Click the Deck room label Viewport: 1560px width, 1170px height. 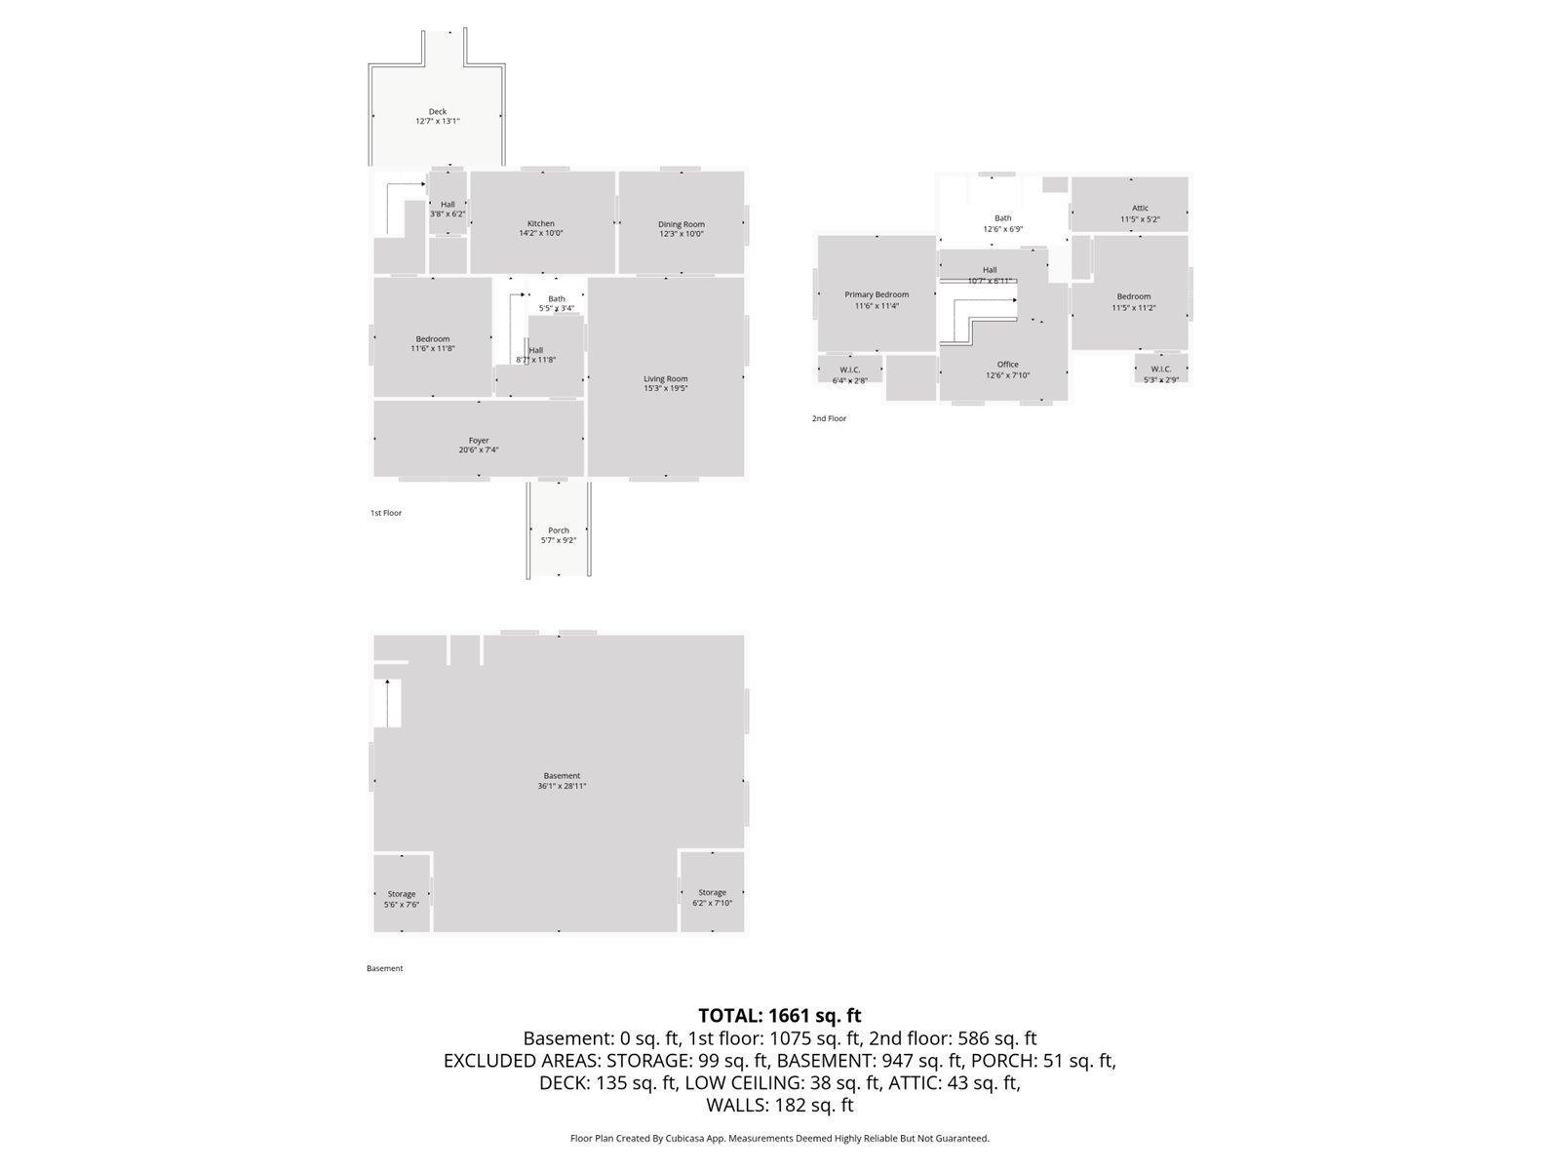pyautogui.click(x=438, y=111)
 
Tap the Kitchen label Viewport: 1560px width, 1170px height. pyautogui.click(x=541, y=223)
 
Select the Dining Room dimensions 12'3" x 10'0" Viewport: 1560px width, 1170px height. pyautogui.click(x=681, y=234)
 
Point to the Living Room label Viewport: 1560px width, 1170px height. pyautogui.click(x=666, y=378)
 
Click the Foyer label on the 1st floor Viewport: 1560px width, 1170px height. pyautogui.click(x=479, y=440)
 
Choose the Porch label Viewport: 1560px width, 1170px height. pyautogui.click(x=559, y=530)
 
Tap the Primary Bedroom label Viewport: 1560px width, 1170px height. pyautogui.click(x=877, y=294)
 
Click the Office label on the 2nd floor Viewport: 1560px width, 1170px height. pyautogui.click(x=1007, y=365)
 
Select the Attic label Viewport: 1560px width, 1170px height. pyautogui.click(x=1140, y=208)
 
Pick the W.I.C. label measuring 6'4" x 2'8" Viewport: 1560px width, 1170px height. pyautogui.click(x=849, y=370)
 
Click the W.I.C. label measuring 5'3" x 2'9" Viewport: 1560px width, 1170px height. pyautogui.click(x=1160, y=369)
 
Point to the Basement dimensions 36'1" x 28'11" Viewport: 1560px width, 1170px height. pyautogui.click(x=562, y=786)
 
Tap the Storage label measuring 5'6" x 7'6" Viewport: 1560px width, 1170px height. pyautogui.click(x=402, y=893)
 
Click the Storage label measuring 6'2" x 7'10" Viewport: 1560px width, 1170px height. pyautogui.click(x=712, y=892)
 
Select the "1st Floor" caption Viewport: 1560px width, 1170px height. pyautogui.click(x=386, y=513)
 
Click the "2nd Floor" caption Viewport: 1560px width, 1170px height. pyautogui.click(x=830, y=418)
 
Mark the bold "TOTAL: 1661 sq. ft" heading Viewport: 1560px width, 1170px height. pyautogui.click(x=779, y=1016)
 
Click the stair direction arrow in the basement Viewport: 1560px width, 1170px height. pyautogui.click(x=388, y=700)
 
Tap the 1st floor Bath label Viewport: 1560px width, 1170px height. pyautogui.click(x=557, y=298)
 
